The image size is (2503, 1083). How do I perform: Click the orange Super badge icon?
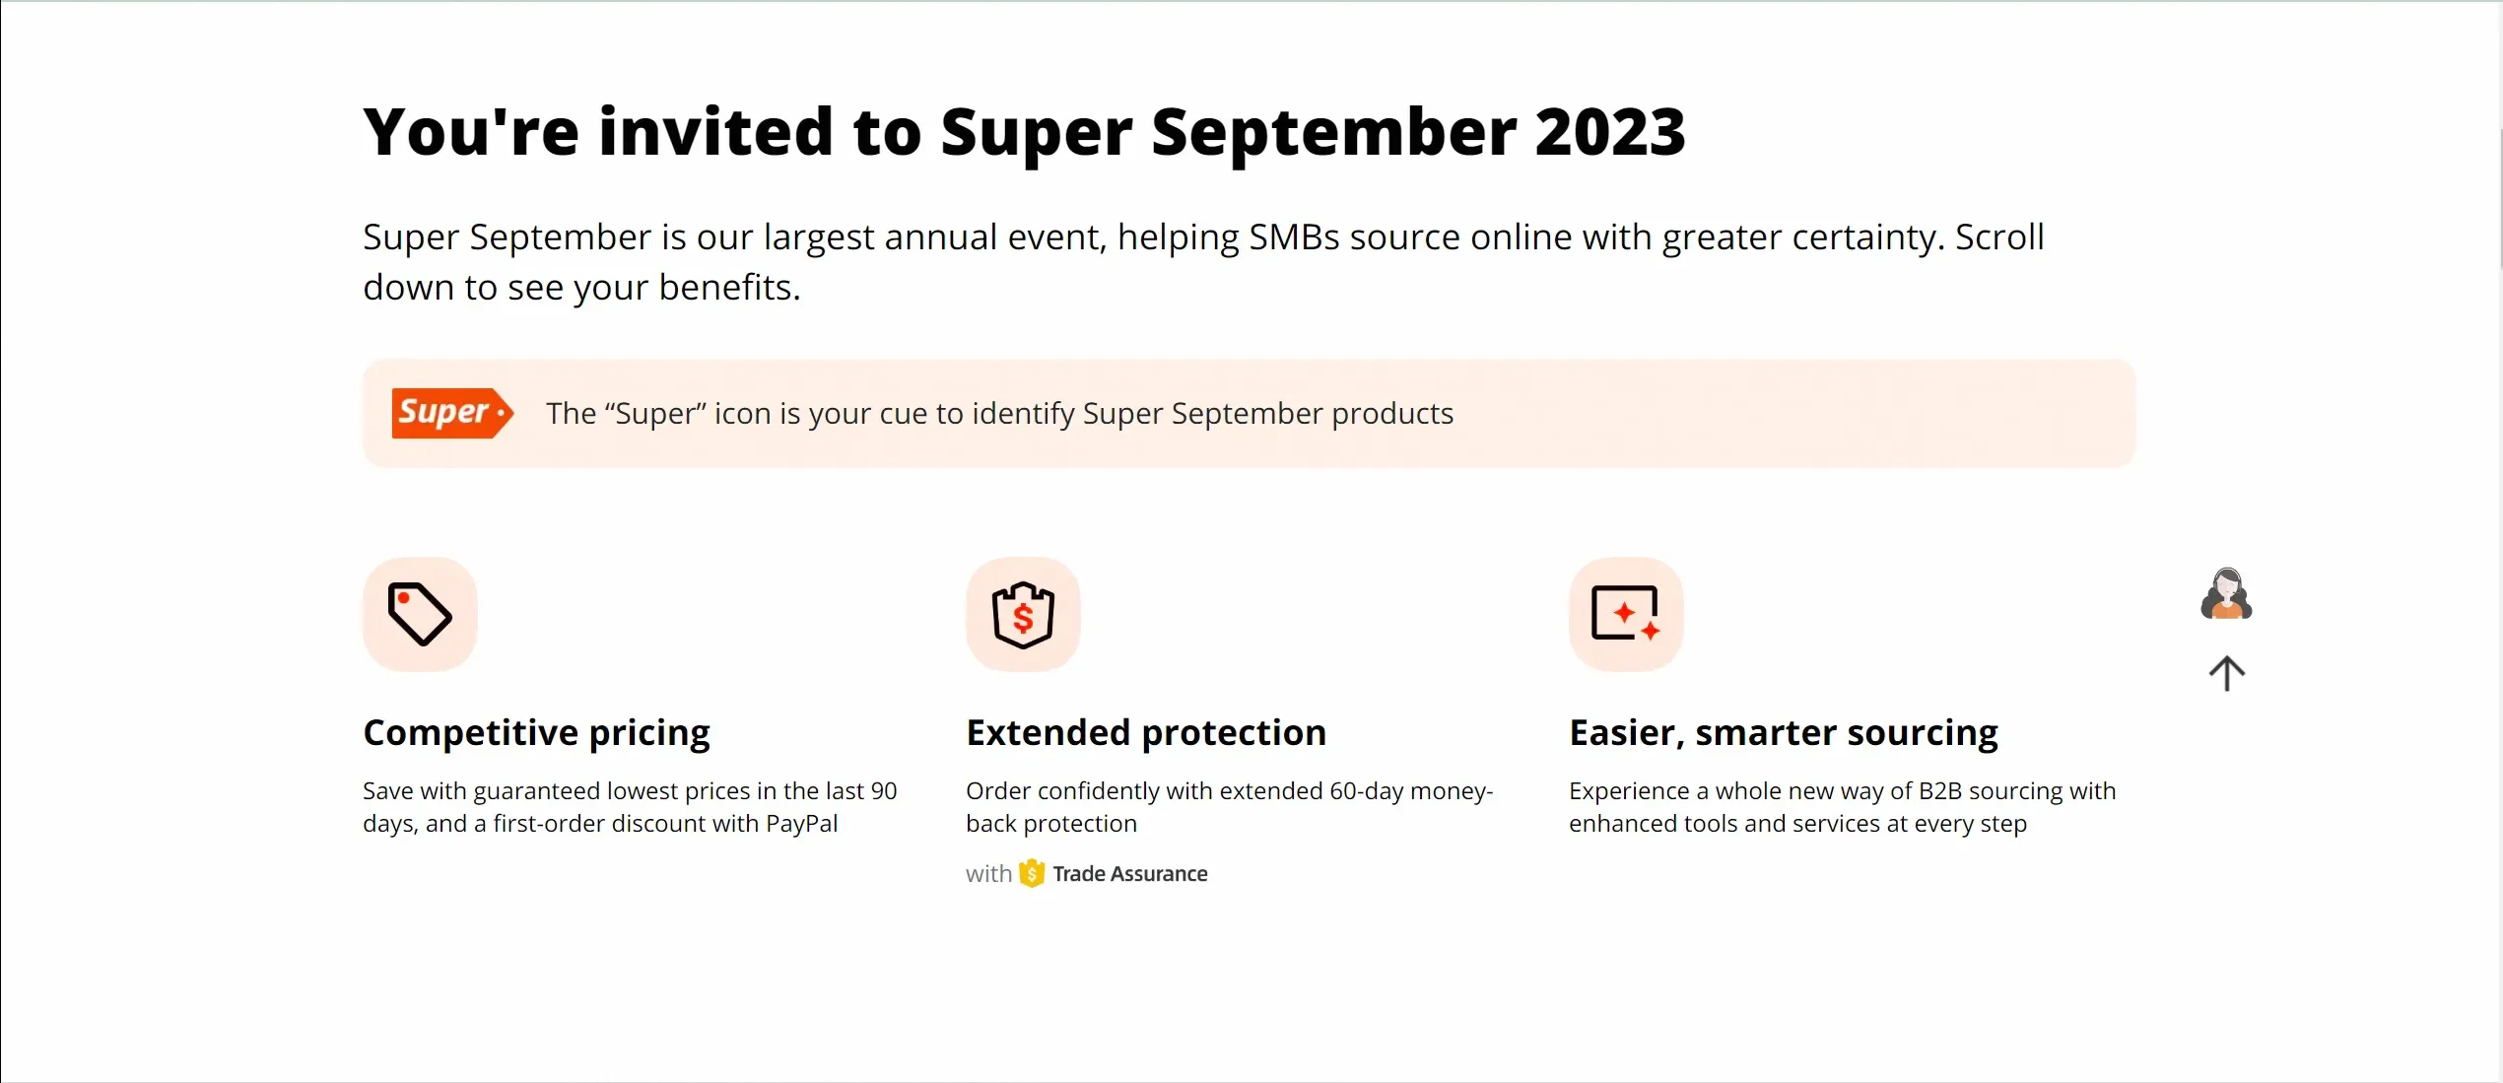(x=451, y=413)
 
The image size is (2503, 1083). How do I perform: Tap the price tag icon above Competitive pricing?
(x=420, y=614)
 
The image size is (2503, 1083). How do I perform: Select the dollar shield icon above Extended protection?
(x=1023, y=614)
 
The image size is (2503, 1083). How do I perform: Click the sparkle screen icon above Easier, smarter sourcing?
(x=1626, y=614)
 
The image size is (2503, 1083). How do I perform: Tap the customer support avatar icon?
(x=2226, y=594)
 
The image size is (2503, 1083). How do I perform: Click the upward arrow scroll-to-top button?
(x=2226, y=674)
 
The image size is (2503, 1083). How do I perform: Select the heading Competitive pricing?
(x=536, y=733)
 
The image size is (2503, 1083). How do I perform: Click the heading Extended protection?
(x=1146, y=733)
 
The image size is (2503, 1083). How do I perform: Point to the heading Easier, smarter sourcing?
(x=1783, y=733)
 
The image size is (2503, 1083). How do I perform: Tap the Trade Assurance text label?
(x=1129, y=874)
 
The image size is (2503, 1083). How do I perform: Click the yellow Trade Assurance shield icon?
(x=1031, y=873)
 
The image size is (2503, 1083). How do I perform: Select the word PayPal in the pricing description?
(x=801, y=824)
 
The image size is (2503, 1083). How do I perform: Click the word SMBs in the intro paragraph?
(x=1294, y=237)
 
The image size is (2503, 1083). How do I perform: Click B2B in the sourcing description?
(x=1940, y=791)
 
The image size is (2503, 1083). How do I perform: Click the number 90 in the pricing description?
(x=883, y=791)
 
